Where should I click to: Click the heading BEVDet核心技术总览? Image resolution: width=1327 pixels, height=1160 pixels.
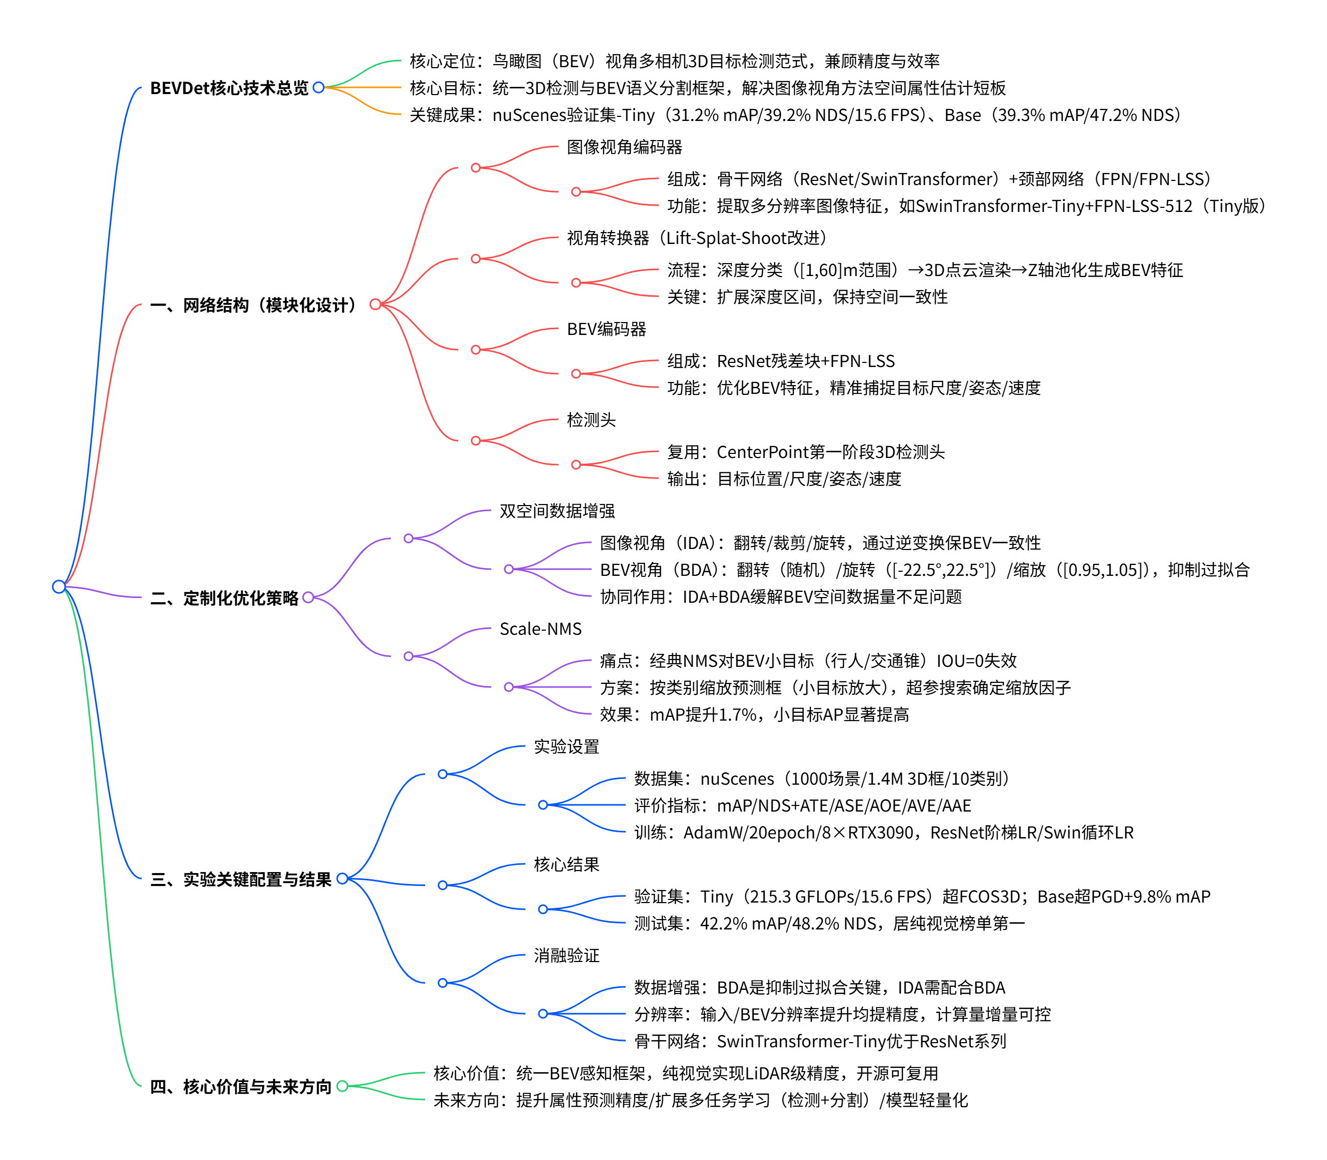[x=229, y=88]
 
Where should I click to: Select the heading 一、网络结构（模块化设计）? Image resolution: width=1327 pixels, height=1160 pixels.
[x=254, y=305]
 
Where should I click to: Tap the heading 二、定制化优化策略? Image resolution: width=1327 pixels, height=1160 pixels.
[x=224, y=598]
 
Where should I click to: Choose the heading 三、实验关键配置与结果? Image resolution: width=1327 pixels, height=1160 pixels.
[x=240, y=879]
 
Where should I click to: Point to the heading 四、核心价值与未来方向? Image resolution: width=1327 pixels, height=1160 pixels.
[x=240, y=1086]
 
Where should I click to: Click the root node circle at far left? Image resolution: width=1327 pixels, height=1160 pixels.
[x=59, y=587]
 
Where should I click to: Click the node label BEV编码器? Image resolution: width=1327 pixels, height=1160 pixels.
[x=606, y=329]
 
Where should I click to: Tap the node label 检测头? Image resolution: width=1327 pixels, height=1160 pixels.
[x=591, y=420]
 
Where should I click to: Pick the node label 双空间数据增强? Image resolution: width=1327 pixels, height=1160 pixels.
[x=557, y=511]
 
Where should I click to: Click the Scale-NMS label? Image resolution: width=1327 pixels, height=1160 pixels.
[x=540, y=629]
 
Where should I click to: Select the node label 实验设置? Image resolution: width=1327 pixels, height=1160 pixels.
[x=566, y=746]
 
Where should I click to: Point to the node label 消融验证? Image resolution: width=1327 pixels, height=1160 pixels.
[x=566, y=955]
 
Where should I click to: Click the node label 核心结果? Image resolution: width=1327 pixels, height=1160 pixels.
[x=566, y=864]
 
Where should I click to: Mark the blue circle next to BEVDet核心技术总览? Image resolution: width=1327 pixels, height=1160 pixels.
[x=319, y=87]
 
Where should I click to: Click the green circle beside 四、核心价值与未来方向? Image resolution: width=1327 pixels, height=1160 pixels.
[x=342, y=1086]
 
